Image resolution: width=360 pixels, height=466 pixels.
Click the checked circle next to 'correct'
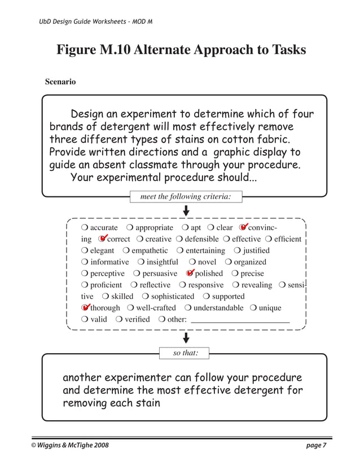click(102, 239)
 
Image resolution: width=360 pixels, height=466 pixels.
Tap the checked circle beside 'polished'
click(190, 274)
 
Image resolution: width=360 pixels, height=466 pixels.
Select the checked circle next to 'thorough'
click(85, 308)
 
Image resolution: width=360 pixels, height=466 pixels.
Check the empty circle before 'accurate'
click(85, 228)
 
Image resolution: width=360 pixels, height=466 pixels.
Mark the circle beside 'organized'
click(228, 262)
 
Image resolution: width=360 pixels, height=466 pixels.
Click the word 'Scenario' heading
click(60, 82)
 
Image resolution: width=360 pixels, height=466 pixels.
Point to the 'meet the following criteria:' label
click(186, 196)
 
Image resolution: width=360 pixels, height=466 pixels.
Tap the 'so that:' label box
click(186, 353)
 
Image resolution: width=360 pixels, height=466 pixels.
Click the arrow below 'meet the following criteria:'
click(186, 210)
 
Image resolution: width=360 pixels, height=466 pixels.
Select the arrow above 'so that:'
click(186, 338)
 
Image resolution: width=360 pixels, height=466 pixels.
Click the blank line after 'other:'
click(240, 320)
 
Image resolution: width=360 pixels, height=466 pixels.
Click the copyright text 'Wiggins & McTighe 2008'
click(73, 446)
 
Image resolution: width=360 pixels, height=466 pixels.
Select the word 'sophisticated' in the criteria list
click(172, 296)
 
